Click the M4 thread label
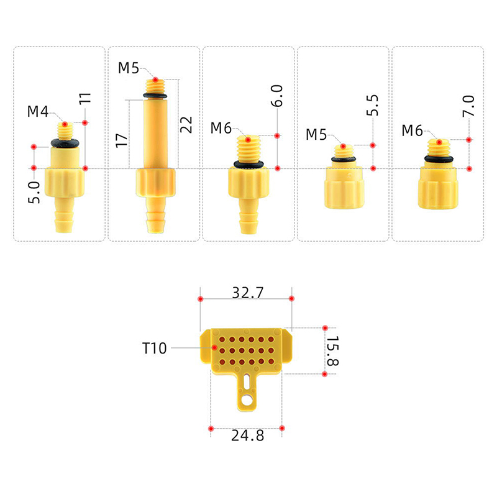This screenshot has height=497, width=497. click(x=38, y=111)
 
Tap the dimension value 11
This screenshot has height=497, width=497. click(x=85, y=98)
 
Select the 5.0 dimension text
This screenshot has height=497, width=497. click(x=34, y=193)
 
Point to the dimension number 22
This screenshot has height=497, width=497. click(x=186, y=125)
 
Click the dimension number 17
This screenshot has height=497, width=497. click(x=121, y=140)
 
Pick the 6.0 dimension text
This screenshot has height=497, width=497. click(x=276, y=96)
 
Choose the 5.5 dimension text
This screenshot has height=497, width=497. click(x=372, y=105)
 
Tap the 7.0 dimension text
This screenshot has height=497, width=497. click(x=468, y=106)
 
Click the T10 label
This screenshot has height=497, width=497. click(x=154, y=348)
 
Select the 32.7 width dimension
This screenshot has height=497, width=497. click(x=247, y=293)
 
